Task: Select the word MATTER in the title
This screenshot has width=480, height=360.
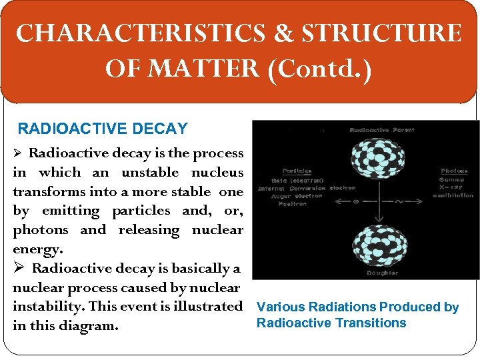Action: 199,68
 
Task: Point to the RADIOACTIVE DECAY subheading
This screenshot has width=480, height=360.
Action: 103,128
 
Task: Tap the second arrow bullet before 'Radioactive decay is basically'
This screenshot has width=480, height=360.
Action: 19,269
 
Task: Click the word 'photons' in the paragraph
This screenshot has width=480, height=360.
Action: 41,230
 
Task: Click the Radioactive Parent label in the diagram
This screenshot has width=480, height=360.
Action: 381,130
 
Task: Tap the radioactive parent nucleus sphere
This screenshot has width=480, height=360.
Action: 378,163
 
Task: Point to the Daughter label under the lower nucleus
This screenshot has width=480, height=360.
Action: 382,273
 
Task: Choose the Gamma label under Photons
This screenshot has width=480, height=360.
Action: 453,179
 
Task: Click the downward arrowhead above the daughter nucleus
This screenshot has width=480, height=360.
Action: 378,221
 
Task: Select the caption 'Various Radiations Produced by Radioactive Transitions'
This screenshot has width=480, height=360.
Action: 357,315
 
